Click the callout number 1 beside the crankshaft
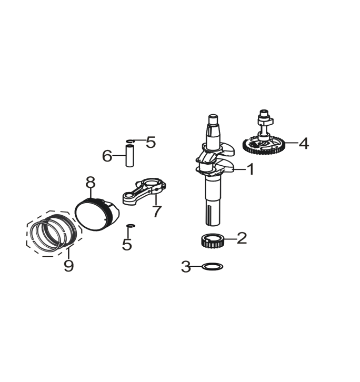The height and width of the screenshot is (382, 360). pyautogui.click(x=251, y=169)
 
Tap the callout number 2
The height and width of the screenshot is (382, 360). pyautogui.click(x=242, y=238)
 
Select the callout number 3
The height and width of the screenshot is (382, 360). pyautogui.click(x=186, y=266)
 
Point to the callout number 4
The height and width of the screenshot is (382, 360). pyautogui.click(x=304, y=143)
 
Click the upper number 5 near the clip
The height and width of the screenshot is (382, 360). pyautogui.click(x=151, y=142)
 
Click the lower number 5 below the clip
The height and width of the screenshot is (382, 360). pyautogui.click(x=127, y=244)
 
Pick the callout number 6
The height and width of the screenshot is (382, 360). pyautogui.click(x=107, y=156)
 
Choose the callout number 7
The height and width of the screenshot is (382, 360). pyautogui.click(x=156, y=211)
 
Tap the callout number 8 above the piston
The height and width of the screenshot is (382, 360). pyautogui.click(x=91, y=182)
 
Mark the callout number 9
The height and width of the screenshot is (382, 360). pyautogui.click(x=68, y=265)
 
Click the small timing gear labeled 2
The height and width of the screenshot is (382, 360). pyautogui.click(x=212, y=241)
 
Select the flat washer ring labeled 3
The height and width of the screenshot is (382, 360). pyautogui.click(x=213, y=267)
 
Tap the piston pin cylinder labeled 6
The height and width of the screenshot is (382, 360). pyautogui.click(x=129, y=155)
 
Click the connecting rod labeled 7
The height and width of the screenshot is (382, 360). pyautogui.click(x=144, y=191)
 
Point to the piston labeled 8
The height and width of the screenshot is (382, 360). pyautogui.click(x=97, y=214)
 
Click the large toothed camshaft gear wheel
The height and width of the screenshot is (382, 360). pyautogui.click(x=263, y=145)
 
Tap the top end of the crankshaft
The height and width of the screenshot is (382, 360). pyautogui.click(x=213, y=116)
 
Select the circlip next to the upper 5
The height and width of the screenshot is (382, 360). pyautogui.click(x=131, y=141)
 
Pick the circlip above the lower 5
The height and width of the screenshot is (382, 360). pyautogui.click(x=131, y=226)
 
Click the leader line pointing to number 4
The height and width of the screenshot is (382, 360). pyautogui.click(x=291, y=143)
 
